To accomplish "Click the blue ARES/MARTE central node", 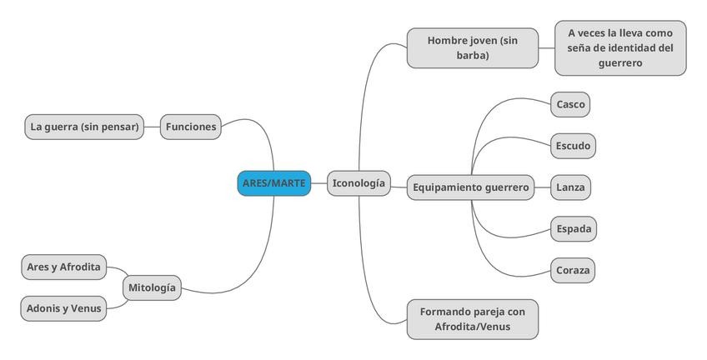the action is [x=273, y=182].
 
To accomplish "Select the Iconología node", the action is [x=359, y=182].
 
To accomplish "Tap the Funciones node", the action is [x=191, y=127].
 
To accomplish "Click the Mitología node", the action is [x=152, y=287].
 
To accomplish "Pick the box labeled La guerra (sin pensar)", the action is [x=84, y=127].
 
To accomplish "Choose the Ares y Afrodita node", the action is [x=63, y=267].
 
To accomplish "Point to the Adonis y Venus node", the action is [x=63, y=308].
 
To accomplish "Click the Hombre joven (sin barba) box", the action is [x=472, y=47].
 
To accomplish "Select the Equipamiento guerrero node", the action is [x=470, y=187].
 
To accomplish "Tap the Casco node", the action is [x=570, y=105].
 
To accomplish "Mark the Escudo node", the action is [x=573, y=146].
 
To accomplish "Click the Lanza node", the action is [x=570, y=187].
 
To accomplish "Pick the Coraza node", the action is [x=573, y=270].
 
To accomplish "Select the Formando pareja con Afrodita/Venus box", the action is [x=472, y=319].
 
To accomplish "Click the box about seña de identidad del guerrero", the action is [x=620, y=47].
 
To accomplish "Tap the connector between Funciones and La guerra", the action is [x=153, y=127].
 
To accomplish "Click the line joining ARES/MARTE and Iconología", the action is [x=318, y=182].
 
